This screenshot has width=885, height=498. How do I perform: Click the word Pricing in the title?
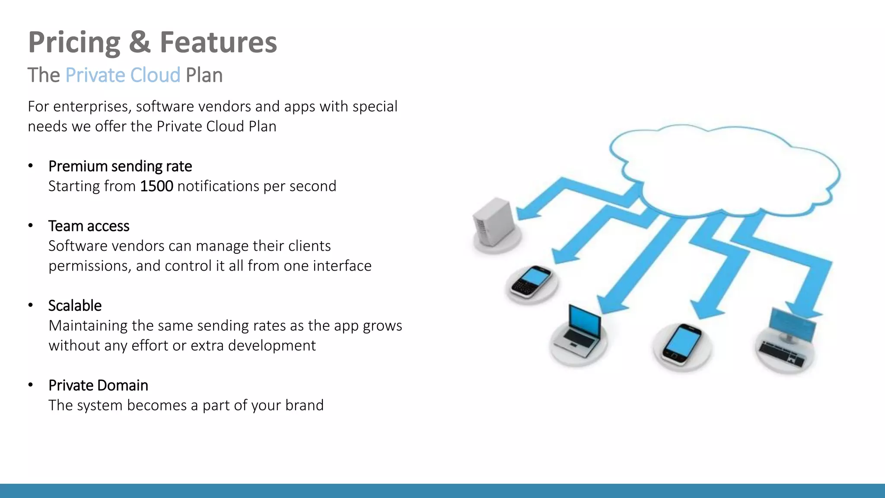pyautogui.click(x=74, y=43)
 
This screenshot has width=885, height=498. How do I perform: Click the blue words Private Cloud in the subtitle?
pyautogui.click(x=123, y=75)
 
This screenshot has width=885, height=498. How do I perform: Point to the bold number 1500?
pyautogui.click(x=156, y=186)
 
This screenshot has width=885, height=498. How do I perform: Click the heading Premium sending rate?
pyautogui.click(x=120, y=166)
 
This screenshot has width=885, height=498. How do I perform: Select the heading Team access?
pyautogui.click(x=89, y=226)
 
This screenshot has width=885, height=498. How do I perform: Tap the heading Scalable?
pyautogui.click(x=75, y=306)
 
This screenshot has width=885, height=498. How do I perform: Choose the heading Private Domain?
pyautogui.click(x=98, y=385)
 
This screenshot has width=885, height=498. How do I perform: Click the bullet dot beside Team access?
pyautogui.click(x=31, y=226)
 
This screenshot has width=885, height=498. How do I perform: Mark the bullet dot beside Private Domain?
pyautogui.click(x=31, y=385)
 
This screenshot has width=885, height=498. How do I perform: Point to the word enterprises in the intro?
pyautogui.click(x=92, y=107)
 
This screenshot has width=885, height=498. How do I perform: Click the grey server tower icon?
pyautogui.click(x=494, y=222)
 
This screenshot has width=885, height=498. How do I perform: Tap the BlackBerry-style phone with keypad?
pyautogui.click(x=531, y=282)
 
